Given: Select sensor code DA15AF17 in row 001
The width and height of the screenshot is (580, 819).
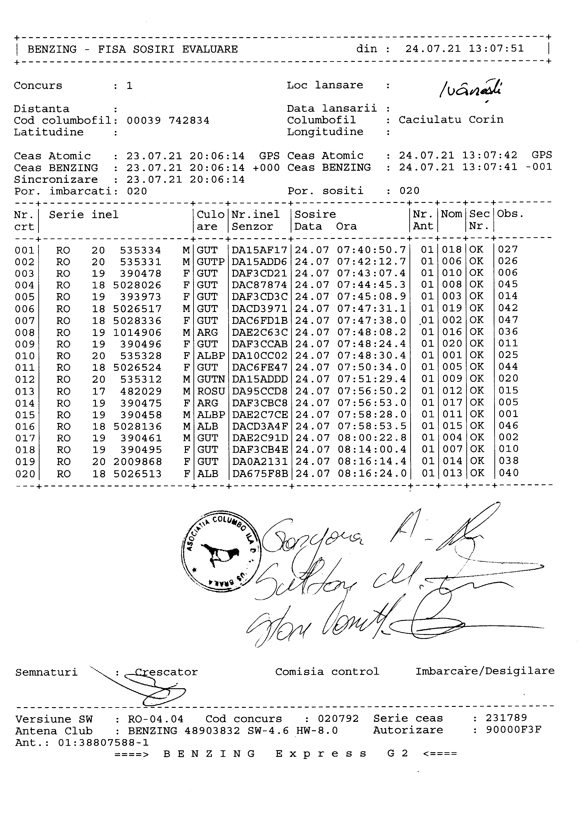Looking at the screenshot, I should tap(259, 250).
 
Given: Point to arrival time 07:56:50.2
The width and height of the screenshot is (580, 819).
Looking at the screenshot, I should tap(371, 391).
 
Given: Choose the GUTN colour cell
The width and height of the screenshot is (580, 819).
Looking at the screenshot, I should tap(211, 379).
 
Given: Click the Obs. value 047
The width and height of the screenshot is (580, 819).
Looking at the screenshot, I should tap(508, 320).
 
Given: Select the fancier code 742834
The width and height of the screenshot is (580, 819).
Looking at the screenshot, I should tap(189, 121).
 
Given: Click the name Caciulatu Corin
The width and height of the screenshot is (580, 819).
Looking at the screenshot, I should tap(451, 120).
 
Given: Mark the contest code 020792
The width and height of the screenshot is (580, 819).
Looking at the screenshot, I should tap(338, 718).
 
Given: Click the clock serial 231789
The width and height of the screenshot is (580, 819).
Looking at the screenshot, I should tap(506, 718).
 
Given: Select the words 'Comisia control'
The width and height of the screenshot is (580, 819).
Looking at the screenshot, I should tap(327, 672).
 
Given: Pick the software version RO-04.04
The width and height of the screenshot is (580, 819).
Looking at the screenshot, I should tap(156, 719).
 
